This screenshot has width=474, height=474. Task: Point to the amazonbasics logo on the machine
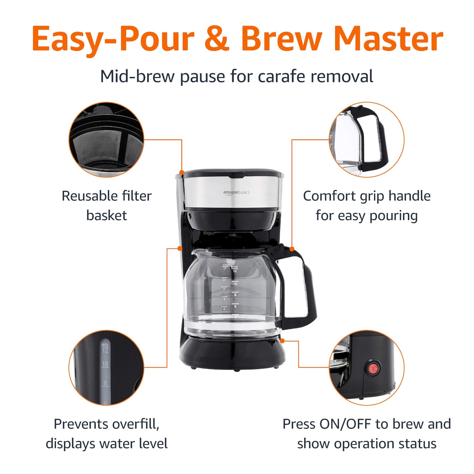tap(236, 192)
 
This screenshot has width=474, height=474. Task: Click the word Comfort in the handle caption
tap(329, 196)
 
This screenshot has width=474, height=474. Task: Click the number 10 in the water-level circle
tap(105, 364)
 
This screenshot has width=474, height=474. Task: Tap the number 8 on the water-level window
tap(105, 383)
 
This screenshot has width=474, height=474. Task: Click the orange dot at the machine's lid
tap(182, 172)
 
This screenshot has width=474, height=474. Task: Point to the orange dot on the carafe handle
tap(292, 249)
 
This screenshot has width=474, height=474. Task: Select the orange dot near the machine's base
tap(282, 341)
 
